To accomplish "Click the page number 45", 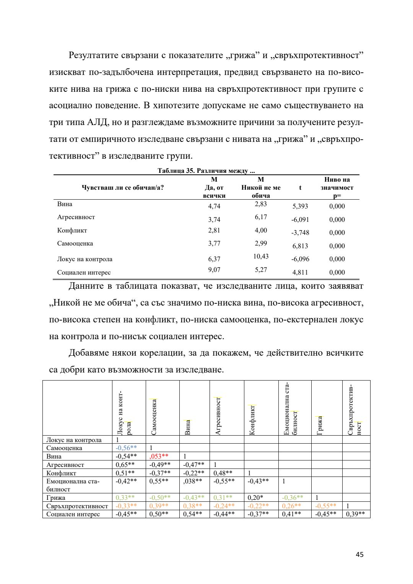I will [x=359, y=555].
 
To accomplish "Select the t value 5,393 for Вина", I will [x=300, y=206].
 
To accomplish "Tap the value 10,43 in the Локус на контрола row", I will [x=261, y=256].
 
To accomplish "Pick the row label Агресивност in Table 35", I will [x=76, y=217].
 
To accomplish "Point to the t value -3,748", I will [x=300, y=233].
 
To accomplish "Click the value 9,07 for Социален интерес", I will [x=214, y=270].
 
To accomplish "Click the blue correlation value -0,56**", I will [x=126, y=448].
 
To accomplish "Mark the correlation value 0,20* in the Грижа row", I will [x=256, y=498].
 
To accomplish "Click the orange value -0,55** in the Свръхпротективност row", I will [x=325, y=506].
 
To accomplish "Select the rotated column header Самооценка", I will [x=154, y=416].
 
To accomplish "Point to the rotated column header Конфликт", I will [x=252, y=420].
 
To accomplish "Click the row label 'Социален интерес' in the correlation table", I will [x=73, y=514].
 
